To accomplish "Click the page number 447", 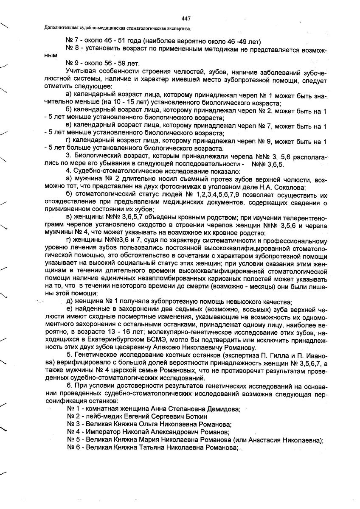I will coord(186,18).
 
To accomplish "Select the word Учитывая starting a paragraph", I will coord(81,70).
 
